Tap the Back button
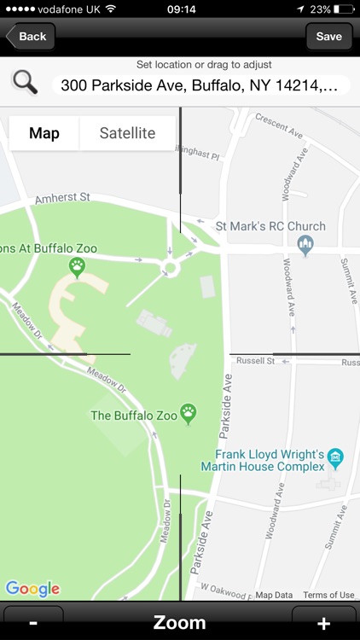30,37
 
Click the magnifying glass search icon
25,83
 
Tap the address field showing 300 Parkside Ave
201,85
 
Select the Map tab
44,133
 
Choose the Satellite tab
127,133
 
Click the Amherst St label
62,198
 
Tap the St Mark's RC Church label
270,226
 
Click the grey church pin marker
305,246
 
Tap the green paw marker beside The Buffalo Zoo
189,414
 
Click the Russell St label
257,361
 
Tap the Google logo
32,589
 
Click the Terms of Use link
328,595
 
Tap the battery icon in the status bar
344,9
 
